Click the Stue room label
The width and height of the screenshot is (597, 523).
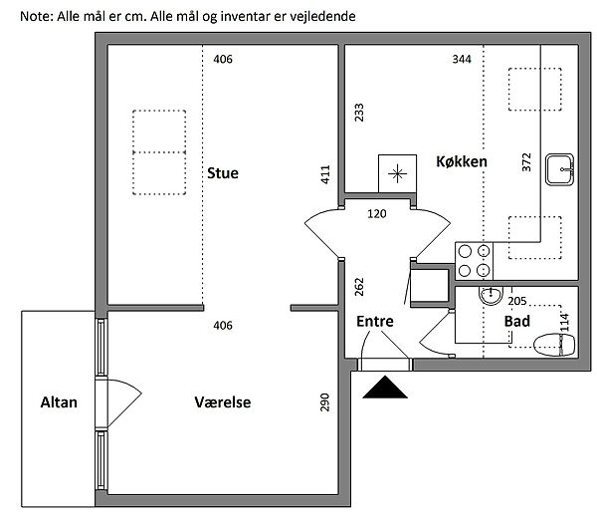(222, 172)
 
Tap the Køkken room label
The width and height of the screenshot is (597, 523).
(461, 161)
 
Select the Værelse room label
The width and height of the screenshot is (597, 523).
(222, 402)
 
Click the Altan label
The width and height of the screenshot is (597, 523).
(58, 402)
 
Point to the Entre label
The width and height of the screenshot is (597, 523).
(374, 321)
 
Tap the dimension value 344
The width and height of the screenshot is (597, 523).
(461, 60)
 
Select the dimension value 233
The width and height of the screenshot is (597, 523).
(359, 113)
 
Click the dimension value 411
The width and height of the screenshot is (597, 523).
(324, 175)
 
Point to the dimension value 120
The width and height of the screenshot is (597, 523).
(377, 213)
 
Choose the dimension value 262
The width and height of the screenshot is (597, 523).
(359, 288)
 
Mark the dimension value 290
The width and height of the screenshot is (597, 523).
(324, 402)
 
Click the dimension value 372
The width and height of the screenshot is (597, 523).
(526, 162)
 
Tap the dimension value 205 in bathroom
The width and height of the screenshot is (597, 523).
(516, 300)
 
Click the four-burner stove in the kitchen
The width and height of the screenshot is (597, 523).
(474, 260)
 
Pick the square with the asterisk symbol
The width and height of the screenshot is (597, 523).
(397, 174)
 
